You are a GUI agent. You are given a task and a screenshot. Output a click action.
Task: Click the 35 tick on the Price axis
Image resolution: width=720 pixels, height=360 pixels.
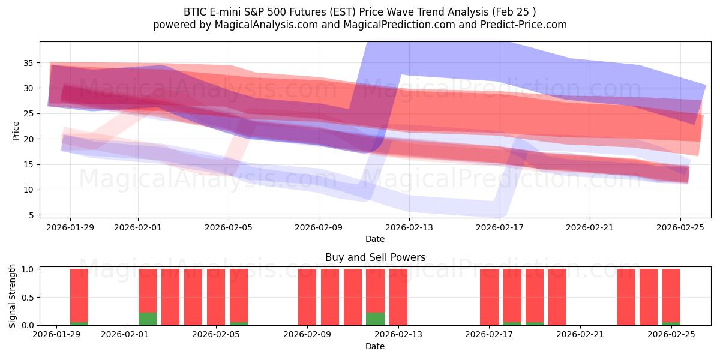(28, 62)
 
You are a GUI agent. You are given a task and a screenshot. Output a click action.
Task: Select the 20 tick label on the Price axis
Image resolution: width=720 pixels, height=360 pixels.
(28, 139)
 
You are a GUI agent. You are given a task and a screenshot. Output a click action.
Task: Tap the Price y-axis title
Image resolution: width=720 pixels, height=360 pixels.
(16, 130)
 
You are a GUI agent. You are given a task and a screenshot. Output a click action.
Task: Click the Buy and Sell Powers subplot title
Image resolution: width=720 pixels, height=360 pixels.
(375, 257)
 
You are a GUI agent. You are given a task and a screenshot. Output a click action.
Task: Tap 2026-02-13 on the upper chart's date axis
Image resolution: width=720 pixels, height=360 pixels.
(409, 227)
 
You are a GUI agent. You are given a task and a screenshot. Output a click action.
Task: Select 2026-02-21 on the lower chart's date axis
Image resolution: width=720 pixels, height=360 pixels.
(581, 335)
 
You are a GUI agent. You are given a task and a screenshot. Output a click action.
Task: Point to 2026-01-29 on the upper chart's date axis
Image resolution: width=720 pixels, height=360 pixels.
(70, 227)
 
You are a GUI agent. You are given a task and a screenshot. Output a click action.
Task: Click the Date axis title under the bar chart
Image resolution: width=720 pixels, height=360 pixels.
(375, 346)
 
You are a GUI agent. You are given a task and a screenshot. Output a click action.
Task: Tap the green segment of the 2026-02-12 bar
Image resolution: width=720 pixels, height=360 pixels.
(375, 319)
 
